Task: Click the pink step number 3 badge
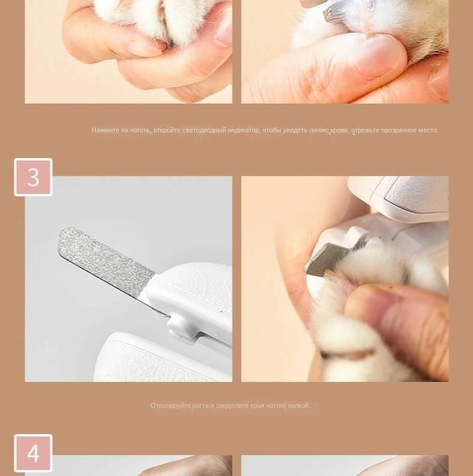pos(33,177)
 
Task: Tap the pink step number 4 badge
pos(33,453)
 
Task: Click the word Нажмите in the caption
pos(106,131)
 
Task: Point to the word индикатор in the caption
pos(244,131)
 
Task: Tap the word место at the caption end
pos(428,131)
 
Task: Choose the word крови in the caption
pos(339,131)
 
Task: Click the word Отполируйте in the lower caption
pos(170,405)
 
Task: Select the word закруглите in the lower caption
pos(232,405)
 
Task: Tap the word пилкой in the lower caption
pos(299,405)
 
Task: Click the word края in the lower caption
pos(257,405)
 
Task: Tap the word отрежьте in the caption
pos(365,131)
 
